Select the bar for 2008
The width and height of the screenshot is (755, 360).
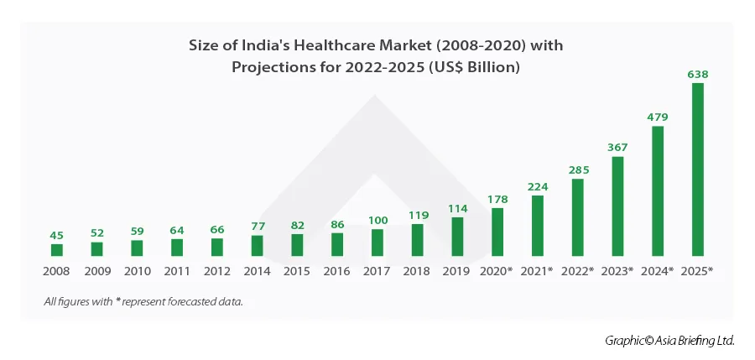pos(57,250)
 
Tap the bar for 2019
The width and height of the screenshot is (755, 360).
pos(457,237)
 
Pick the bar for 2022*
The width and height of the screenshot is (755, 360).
pos(578,217)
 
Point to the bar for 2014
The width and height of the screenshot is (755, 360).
pos(258,245)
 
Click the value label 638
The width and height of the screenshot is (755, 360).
pos(698,74)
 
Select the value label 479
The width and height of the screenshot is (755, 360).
pos(658,117)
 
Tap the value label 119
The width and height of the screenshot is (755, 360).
pos(418,215)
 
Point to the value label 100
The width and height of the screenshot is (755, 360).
pos(377,220)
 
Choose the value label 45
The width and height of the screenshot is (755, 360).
pos(57,234)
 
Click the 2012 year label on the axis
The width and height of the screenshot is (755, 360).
pos(217,272)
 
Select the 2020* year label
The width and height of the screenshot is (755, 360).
pos(497,272)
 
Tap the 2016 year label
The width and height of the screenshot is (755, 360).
pos(337,272)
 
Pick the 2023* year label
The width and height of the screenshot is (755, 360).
pos(617,272)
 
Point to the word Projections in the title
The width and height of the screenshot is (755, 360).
pos(273,67)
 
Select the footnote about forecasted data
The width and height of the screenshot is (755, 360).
pos(143,301)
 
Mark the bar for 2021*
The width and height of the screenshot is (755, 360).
pos(538,226)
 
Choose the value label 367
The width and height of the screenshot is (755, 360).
pos(618,147)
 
